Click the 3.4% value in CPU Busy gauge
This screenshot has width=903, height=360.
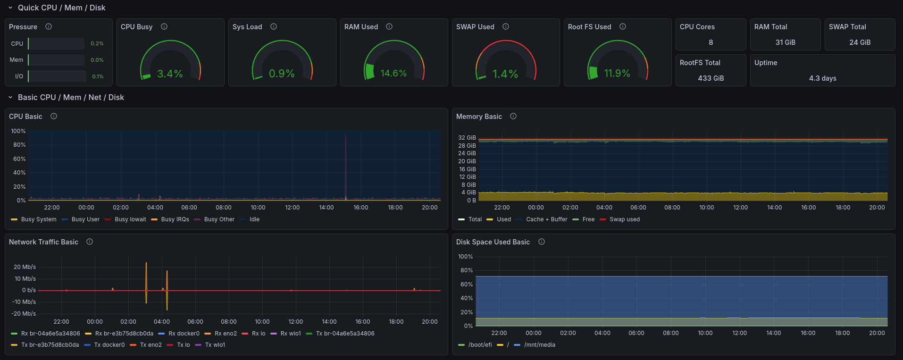click(x=170, y=74)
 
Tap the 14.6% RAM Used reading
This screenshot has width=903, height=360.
click(x=393, y=74)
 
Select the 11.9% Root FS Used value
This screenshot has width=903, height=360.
click(x=617, y=74)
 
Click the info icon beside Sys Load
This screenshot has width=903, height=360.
click(x=274, y=27)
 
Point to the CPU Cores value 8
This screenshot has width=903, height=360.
click(x=711, y=42)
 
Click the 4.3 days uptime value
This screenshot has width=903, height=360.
click(x=822, y=78)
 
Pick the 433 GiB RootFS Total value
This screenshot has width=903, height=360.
click(x=711, y=78)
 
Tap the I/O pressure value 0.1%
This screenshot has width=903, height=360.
click(x=98, y=76)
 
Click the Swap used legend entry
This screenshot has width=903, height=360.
click(x=624, y=219)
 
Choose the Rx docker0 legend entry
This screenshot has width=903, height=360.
click(x=184, y=334)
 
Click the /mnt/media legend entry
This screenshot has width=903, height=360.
click(x=539, y=345)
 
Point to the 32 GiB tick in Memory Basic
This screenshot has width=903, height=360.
click(x=467, y=138)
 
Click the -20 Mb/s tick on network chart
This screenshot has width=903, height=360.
click(x=24, y=314)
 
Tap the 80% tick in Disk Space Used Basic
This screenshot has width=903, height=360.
click(x=466, y=270)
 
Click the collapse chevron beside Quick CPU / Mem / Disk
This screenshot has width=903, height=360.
click(x=10, y=8)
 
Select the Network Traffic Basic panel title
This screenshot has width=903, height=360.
click(x=43, y=242)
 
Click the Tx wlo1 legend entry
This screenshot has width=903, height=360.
click(x=215, y=345)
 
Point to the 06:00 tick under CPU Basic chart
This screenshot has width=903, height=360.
click(x=189, y=208)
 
